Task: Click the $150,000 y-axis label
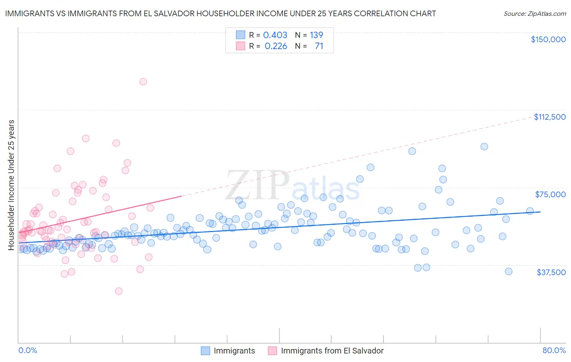[x=548, y=39]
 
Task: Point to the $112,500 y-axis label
[x=549, y=117]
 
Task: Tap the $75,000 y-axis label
[x=550, y=194]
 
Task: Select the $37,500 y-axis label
[x=551, y=272]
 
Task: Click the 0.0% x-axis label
[x=28, y=350]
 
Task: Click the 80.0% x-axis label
[x=554, y=350]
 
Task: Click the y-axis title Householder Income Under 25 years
[x=11, y=185]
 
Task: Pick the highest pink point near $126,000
[x=143, y=82]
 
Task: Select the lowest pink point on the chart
[x=119, y=291]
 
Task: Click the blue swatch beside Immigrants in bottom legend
[x=205, y=351]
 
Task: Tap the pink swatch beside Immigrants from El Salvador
[x=273, y=351]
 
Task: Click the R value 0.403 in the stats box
[x=275, y=35]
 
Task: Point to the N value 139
[x=316, y=35]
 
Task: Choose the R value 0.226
[x=276, y=46]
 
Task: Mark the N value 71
[x=319, y=46]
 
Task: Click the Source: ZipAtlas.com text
[x=534, y=14]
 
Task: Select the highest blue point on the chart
[x=484, y=147]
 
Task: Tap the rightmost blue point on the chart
[x=530, y=211]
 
